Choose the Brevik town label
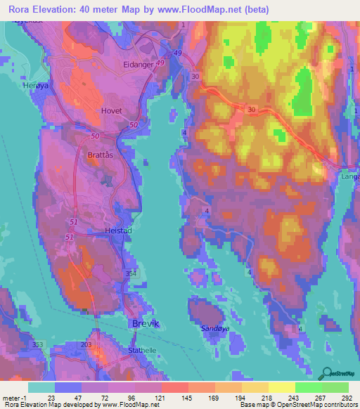tap(146, 323)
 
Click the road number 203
tap(86, 344)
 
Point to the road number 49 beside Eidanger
tap(160, 64)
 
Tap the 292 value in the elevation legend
tap(346, 398)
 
